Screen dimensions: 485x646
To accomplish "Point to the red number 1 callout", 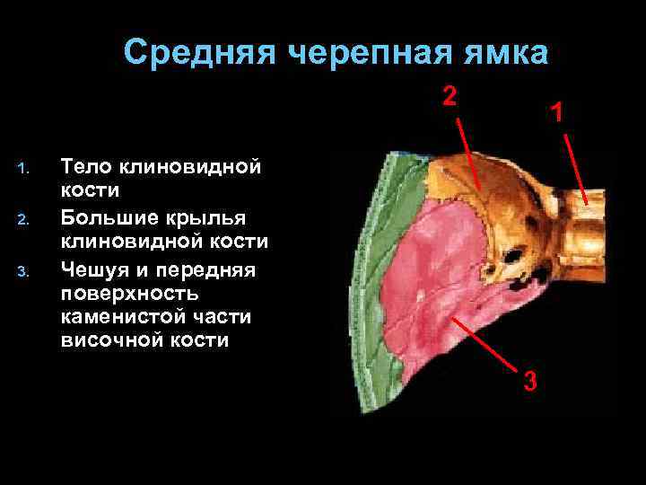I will tap(558, 113).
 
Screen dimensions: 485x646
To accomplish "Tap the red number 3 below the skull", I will tap(530, 381).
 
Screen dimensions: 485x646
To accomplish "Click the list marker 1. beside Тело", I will tap(24, 167).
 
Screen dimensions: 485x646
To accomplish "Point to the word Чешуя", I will tap(95, 270).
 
